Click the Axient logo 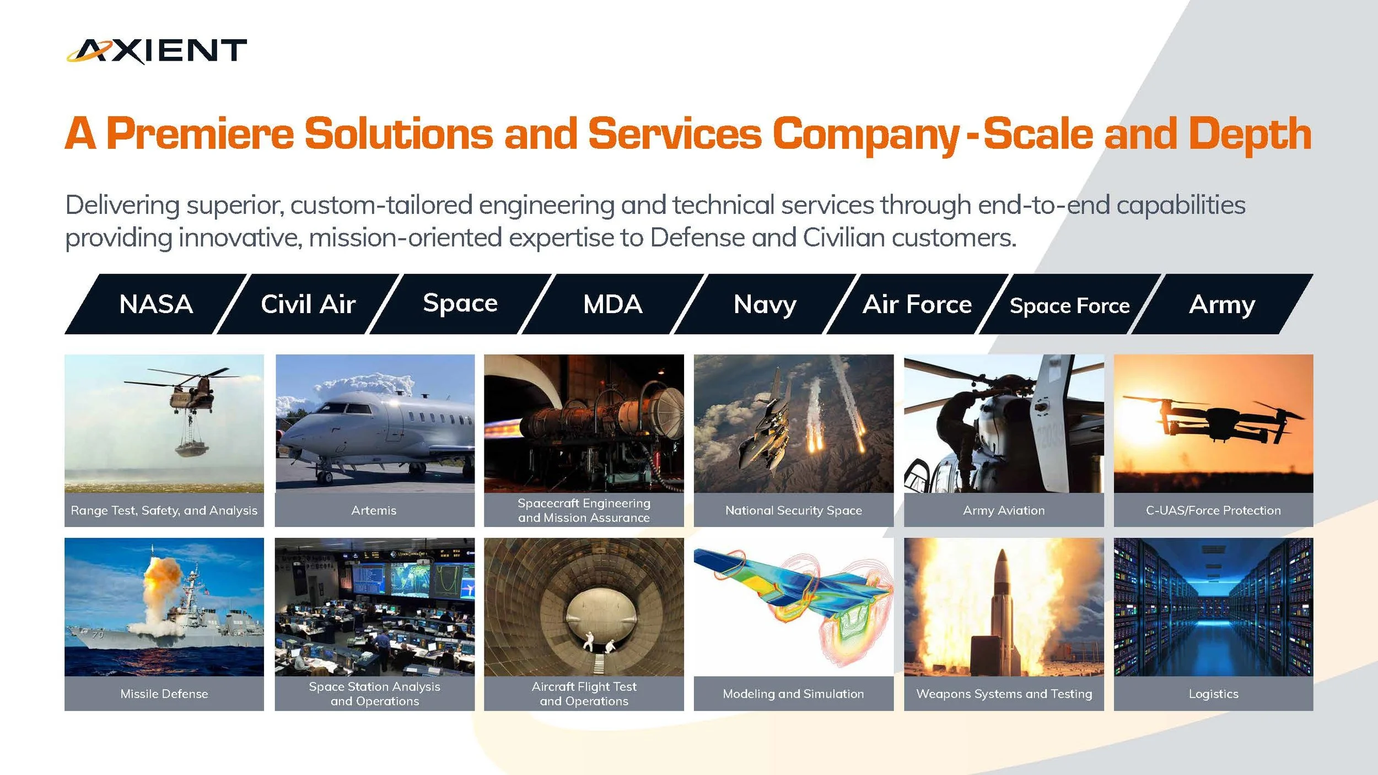pyautogui.click(x=157, y=51)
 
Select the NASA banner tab pyautogui.click(x=156, y=304)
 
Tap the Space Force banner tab pyautogui.click(x=1069, y=305)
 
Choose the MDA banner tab pyautogui.click(x=612, y=304)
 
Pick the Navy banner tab pyautogui.click(x=765, y=304)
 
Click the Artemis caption pyautogui.click(x=374, y=510)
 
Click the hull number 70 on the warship pyautogui.click(x=98, y=634)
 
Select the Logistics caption pyautogui.click(x=1213, y=694)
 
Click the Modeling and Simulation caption pyautogui.click(x=793, y=694)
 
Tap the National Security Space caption pyautogui.click(x=793, y=510)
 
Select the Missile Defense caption pyautogui.click(x=164, y=694)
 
